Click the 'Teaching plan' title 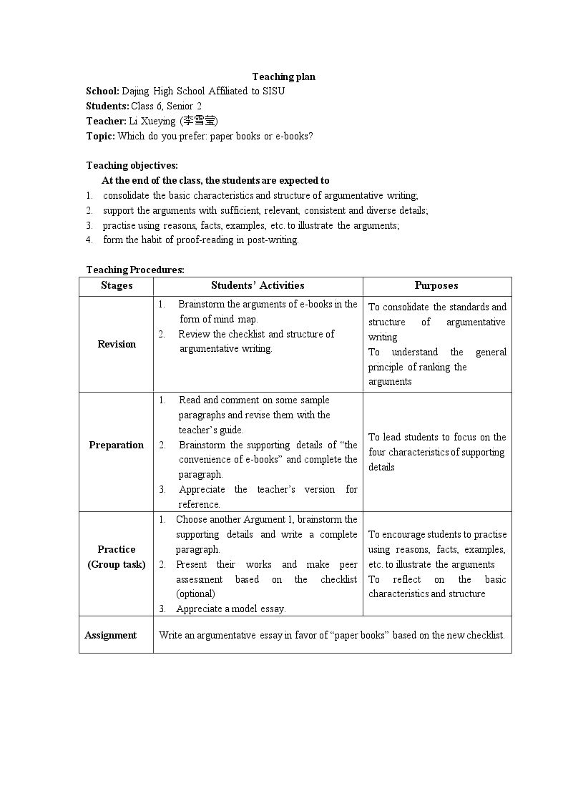click(283, 77)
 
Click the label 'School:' click(102, 91)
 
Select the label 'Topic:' click(100, 136)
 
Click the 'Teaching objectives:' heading click(132, 165)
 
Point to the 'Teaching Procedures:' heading click(135, 270)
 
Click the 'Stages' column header click(117, 286)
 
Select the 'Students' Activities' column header click(258, 286)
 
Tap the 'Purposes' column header click(436, 286)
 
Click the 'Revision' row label click(117, 344)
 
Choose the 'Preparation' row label click(117, 445)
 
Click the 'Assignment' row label click(111, 635)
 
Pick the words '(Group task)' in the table click(117, 564)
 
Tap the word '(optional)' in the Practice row click(195, 593)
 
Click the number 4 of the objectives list click(89, 240)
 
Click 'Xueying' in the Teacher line click(158, 121)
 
